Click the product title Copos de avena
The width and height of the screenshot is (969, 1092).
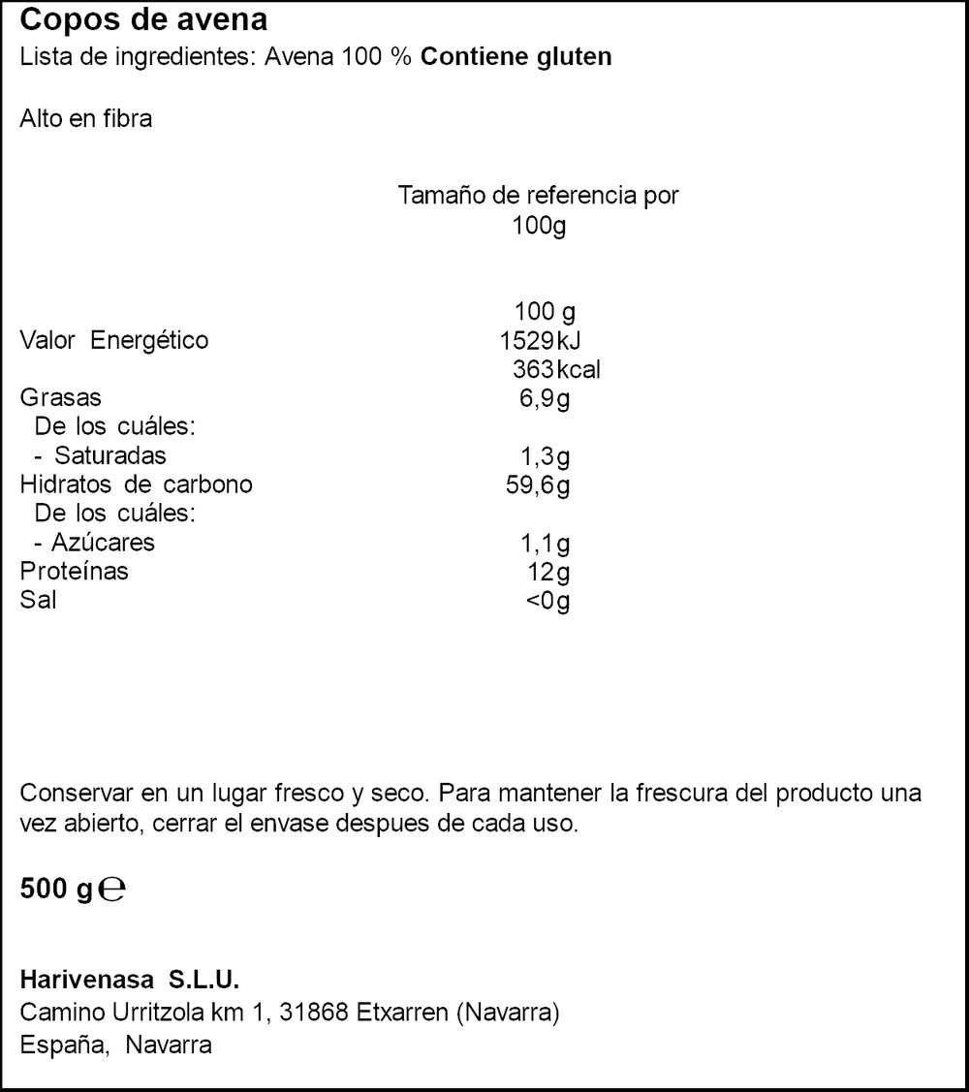(x=143, y=20)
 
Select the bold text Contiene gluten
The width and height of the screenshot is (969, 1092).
(x=516, y=56)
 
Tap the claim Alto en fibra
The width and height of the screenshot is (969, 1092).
(x=86, y=120)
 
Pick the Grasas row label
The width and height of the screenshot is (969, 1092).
(x=60, y=397)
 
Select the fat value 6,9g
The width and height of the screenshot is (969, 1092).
(x=545, y=397)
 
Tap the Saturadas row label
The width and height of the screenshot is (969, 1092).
(x=109, y=455)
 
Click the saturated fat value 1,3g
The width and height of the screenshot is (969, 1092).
(x=545, y=455)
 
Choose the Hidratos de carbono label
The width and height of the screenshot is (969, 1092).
(x=136, y=484)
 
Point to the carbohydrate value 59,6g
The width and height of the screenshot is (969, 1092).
(x=538, y=484)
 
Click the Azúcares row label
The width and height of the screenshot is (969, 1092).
(x=103, y=542)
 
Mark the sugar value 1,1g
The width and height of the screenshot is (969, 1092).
(x=545, y=543)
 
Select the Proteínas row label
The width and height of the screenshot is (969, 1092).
(x=74, y=571)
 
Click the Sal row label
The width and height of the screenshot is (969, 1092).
(x=38, y=600)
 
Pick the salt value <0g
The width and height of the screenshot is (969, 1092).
(x=547, y=601)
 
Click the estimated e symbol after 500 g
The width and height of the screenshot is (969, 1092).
(x=112, y=889)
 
